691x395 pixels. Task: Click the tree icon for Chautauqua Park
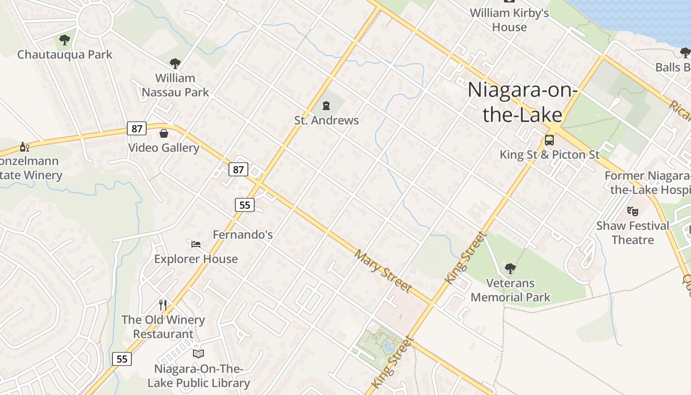[x=65, y=40]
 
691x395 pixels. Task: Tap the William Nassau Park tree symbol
[x=175, y=63]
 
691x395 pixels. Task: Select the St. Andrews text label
[x=326, y=120]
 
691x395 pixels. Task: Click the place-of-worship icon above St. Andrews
[x=326, y=105]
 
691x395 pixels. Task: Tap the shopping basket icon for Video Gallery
[x=164, y=133]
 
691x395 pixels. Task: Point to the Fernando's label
[x=242, y=235]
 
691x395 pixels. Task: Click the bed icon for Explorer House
[x=196, y=244]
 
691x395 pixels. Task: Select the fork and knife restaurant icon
[x=163, y=305]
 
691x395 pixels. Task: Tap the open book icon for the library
[x=198, y=354]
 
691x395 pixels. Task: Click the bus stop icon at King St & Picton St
[x=549, y=140]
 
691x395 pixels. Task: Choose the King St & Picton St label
[x=549, y=155]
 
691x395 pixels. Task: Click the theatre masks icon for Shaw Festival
[x=633, y=211]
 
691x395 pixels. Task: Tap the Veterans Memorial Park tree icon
[x=510, y=269]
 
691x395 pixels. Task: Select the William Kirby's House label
[x=509, y=20]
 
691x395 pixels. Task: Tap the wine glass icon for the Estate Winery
[x=24, y=147]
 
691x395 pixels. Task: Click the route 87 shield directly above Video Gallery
[x=137, y=129]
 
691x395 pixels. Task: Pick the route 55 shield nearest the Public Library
[x=122, y=359]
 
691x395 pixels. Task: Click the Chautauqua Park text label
[x=65, y=54]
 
